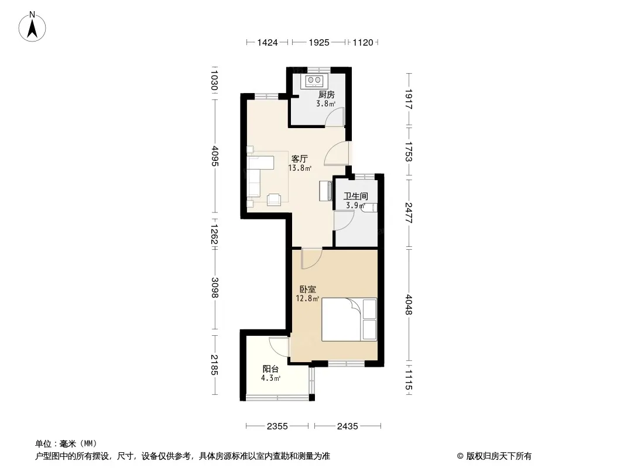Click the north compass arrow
tap(32, 28)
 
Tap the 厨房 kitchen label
tap(326, 95)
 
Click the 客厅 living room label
tap(299, 159)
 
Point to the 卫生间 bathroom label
tap(355, 197)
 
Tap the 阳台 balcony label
tap(270, 369)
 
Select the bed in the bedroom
tap(349, 319)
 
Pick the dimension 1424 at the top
tap(268, 43)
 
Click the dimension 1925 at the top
tap(319, 43)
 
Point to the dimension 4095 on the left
tap(215, 156)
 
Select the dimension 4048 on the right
tap(409, 305)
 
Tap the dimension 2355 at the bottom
tap(277, 426)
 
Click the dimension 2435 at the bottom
tap(348, 426)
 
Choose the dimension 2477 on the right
tap(409, 213)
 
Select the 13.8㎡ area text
tap(300, 168)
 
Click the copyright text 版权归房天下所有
tap(499, 456)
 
